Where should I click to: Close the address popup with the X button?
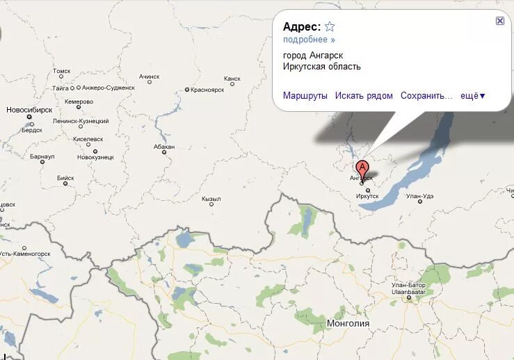coord(500,21)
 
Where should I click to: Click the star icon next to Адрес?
coord(330,27)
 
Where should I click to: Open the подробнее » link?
coord(309,40)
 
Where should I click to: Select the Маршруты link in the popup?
coord(305,96)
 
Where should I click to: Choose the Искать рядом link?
coord(364,96)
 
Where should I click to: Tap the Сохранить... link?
coord(426,96)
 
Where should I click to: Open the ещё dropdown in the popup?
coord(473,96)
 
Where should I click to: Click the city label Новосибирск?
coord(29,110)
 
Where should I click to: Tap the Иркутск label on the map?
coord(367,196)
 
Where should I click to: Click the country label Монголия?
coord(348,323)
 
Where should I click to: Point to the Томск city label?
coord(62,71)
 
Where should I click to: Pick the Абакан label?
coord(165,147)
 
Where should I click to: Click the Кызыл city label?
coord(211,199)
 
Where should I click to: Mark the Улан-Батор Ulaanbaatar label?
coord(407,288)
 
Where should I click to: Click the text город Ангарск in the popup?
coord(313,55)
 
